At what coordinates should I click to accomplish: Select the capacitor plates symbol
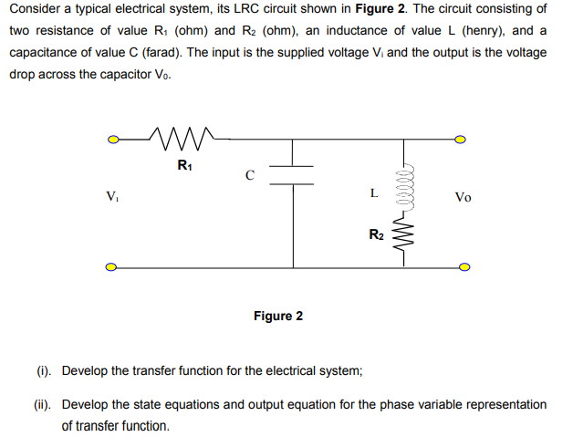click(293, 174)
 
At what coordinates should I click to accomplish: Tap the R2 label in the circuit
click(376, 235)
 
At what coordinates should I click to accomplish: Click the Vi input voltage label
click(111, 195)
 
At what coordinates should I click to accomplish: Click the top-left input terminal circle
click(111, 140)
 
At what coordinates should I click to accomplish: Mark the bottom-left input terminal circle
click(111, 267)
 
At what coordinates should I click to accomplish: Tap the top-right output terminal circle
click(461, 140)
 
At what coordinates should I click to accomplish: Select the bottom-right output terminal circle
click(464, 267)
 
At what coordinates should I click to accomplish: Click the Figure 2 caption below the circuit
click(278, 317)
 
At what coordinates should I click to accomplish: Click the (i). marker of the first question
click(44, 371)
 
